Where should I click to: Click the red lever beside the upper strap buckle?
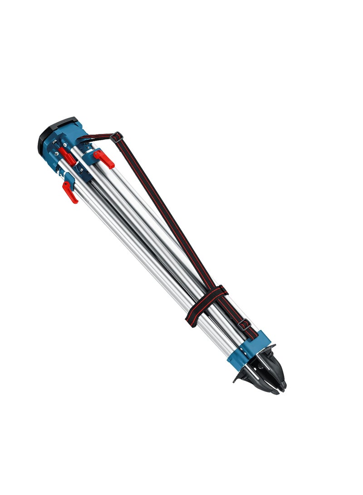point(104,158)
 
